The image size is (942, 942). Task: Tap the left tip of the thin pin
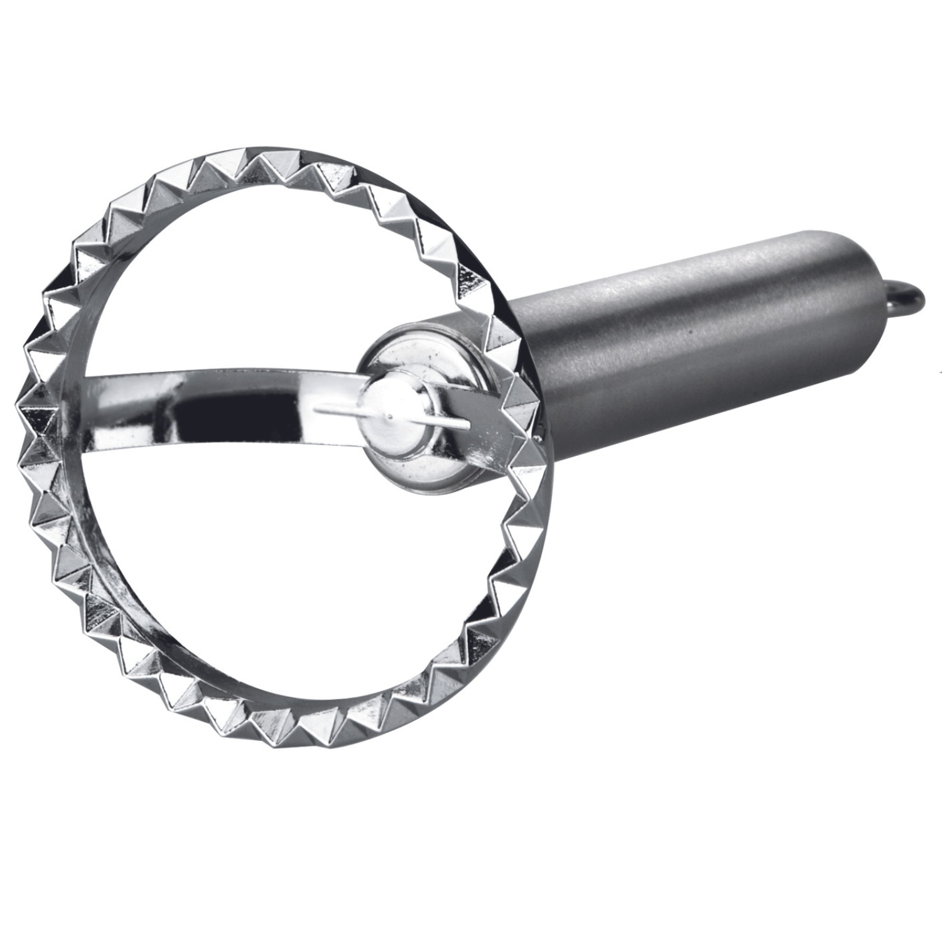click(316, 411)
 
